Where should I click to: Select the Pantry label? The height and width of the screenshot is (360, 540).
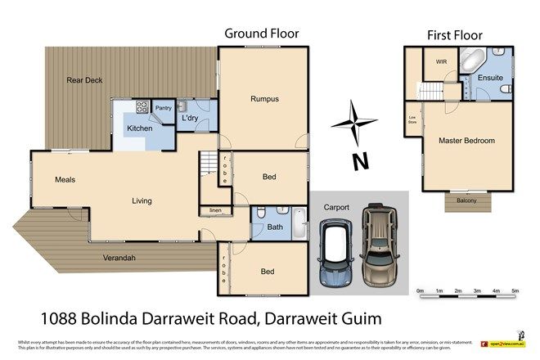point(163,107)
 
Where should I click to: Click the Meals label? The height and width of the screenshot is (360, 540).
point(65,179)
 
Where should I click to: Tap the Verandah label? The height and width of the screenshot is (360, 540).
point(119,259)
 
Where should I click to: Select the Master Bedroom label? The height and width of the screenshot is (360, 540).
point(466,141)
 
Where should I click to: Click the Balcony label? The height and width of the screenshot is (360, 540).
point(466,200)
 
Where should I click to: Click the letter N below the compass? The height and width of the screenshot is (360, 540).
point(358,161)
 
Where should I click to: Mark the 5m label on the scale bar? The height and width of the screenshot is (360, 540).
point(515,290)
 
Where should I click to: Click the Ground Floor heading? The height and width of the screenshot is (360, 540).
point(262,34)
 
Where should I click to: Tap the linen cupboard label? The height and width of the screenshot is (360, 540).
point(215,210)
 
